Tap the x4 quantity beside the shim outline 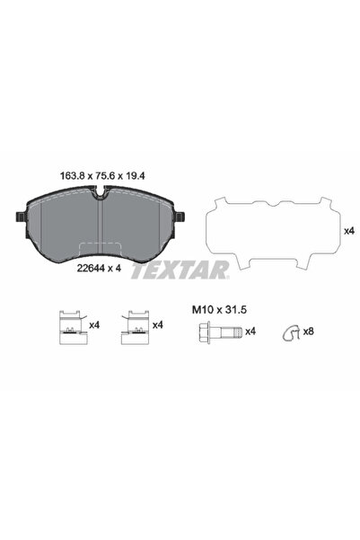348,231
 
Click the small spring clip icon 289,333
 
